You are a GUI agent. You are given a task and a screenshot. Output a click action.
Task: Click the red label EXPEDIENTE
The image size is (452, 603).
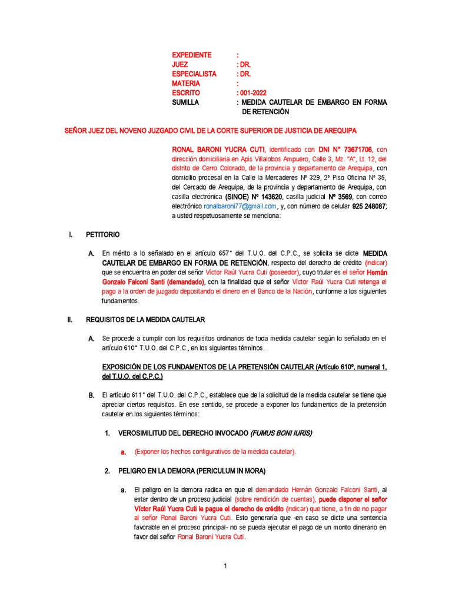pyautogui.click(x=191, y=55)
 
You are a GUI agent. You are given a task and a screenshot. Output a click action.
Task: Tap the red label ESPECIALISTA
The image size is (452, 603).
pyautogui.click(x=194, y=74)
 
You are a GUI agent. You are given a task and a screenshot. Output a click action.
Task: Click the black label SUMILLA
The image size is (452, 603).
pyautogui.click(x=185, y=102)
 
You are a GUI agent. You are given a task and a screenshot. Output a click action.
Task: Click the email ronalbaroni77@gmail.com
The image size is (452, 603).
pyautogui.click(x=240, y=206)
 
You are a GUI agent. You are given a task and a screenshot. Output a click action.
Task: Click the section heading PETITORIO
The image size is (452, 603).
pyautogui.click(x=101, y=235)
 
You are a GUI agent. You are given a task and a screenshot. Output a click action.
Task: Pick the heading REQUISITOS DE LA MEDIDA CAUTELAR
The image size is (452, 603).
pyautogui.click(x=145, y=320)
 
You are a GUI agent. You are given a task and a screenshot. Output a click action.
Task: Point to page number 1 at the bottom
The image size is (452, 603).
pyautogui.click(x=225, y=566)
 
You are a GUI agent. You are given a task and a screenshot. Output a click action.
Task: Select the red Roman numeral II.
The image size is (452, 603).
pyautogui.click(x=69, y=320)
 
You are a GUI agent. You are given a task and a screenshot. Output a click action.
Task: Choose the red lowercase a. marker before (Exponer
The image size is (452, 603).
pyautogui.click(x=124, y=452)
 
